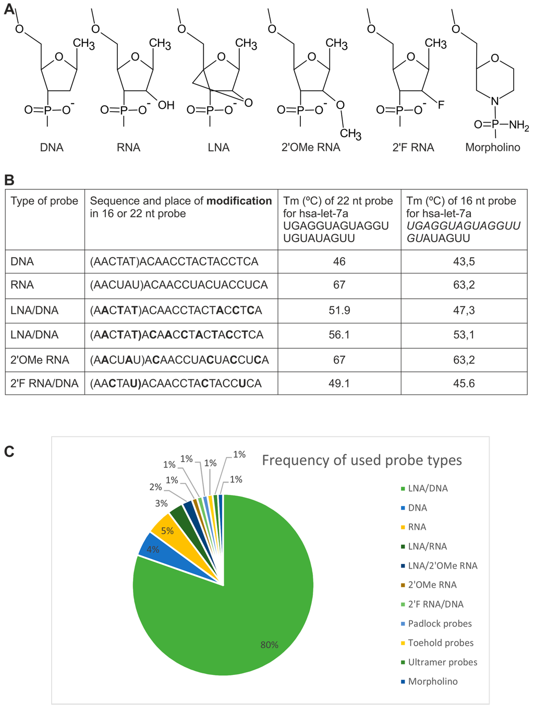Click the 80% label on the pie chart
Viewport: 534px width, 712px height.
pyautogui.click(x=269, y=645)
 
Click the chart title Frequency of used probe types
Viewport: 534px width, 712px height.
pyautogui.click(x=361, y=460)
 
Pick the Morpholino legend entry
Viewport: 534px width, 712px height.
pyautogui.click(x=432, y=681)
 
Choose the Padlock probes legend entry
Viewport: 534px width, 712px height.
pyautogui.click(x=439, y=623)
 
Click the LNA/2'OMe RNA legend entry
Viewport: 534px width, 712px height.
pyautogui.click(x=442, y=565)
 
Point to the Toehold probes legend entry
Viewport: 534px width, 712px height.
pyautogui.click(x=440, y=643)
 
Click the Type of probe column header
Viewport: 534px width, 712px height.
pyautogui.click(x=44, y=201)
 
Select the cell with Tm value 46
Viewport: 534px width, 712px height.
pyautogui.click(x=339, y=261)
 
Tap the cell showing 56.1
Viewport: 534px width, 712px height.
pyautogui.click(x=339, y=334)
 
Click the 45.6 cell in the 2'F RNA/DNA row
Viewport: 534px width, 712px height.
pyautogui.click(x=464, y=383)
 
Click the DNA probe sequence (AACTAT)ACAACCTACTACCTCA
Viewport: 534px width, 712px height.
pyautogui.click(x=174, y=261)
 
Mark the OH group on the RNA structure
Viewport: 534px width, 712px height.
pyautogui.click(x=166, y=105)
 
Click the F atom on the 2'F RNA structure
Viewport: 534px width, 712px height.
pyautogui.click(x=441, y=105)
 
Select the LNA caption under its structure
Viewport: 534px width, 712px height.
pyautogui.click(x=219, y=148)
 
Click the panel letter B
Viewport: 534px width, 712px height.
pyautogui.click(x=9, y=180)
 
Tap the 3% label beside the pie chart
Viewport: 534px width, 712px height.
pyautogui.click(x=161, y=503)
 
